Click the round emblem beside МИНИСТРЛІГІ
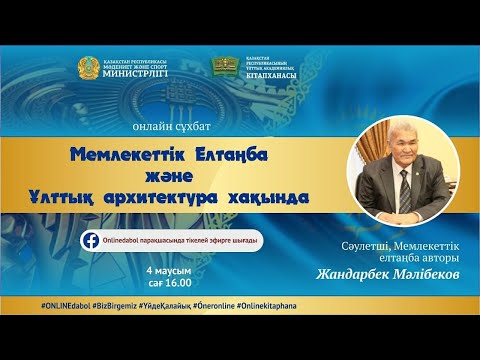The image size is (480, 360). (x=90, y=68)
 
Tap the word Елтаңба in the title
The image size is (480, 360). (x=236, y=154)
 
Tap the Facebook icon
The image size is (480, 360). (x=91, y=241)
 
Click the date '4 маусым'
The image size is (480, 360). (x=167, y=271)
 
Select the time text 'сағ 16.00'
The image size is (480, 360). (x=168, y=284)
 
